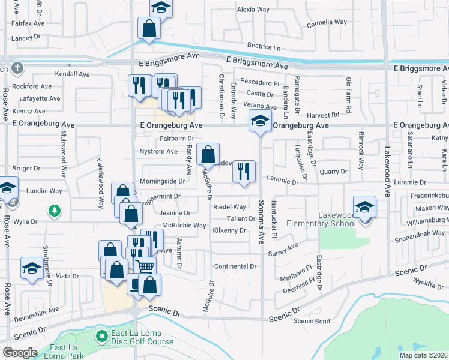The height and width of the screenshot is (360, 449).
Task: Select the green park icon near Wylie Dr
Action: (x=55, y=211)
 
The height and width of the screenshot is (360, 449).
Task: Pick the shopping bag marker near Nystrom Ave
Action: (x=208, y=154)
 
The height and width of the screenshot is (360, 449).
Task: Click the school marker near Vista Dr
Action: (x=31, y=268)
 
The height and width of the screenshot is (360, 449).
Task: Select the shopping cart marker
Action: (x=145, y=266)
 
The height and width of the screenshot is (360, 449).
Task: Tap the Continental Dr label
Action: (x=235, y=266)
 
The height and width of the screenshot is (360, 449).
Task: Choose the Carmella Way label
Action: (x=327, y=22)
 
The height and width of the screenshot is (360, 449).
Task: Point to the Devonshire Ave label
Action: (x=37, y=311)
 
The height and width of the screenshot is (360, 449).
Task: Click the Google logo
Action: (x=20, y=353)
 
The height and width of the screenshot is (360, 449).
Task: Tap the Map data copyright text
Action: (x=424, y=355)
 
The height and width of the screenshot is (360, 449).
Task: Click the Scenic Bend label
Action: (x=312, y=321)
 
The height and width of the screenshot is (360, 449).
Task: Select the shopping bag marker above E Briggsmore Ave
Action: (x=149, y=28)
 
